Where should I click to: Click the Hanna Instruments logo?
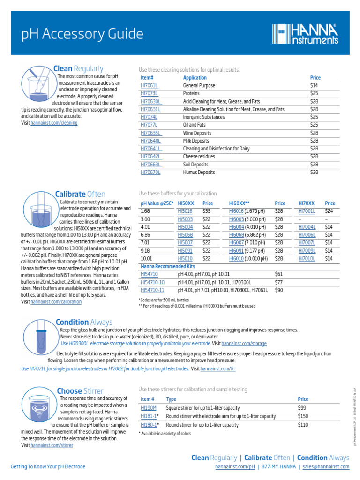(x=305, y=35)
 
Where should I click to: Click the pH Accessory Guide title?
(x=83, y=34)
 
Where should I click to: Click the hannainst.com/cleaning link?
(x=54, y=123)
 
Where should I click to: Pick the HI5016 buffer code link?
(x=185, y=211)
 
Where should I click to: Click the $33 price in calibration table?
(x=206, y=211)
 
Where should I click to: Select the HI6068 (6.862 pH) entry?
(x=248, y=234)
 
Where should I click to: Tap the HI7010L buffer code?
(x=307, y=258)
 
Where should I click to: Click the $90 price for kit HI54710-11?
(x=279, y=290)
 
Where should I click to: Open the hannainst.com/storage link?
(x=244, y=343)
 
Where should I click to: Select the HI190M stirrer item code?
(x=149, y=408)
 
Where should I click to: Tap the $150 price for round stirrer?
(x=304, y=416)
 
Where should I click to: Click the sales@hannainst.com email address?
(x=326, y=467)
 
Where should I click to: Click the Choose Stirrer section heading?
(x=80, y=391)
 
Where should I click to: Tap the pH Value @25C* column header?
(x=157, y=203)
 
